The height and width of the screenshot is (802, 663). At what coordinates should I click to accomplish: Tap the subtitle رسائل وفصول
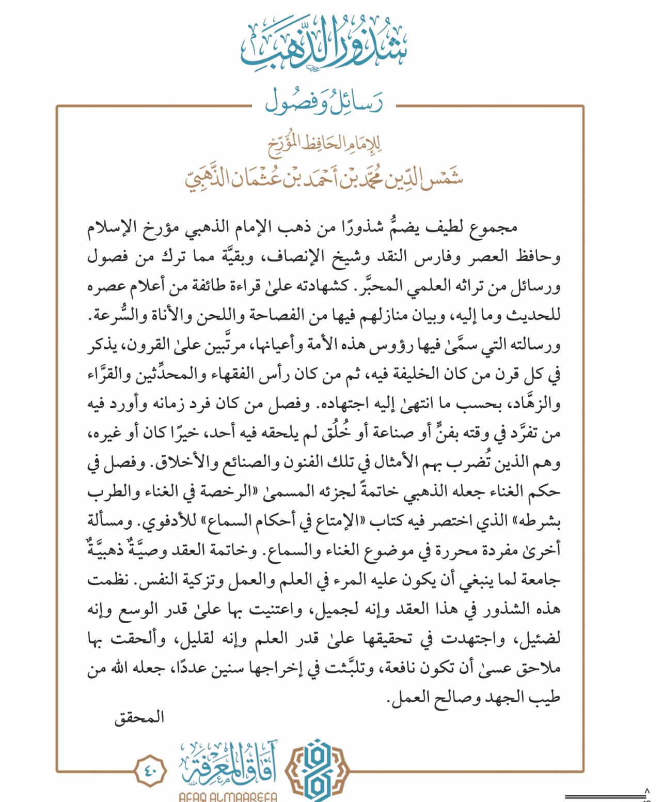click(x=324, y=102)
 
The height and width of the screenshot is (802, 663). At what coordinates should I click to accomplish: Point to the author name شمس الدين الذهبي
click(x=324, y=177)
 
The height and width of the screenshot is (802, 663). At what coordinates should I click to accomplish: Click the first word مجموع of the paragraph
click(x=494, y=227)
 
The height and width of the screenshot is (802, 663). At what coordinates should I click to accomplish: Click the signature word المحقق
click(x=139, y=718)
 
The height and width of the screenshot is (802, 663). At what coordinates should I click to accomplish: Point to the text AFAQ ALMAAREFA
click(x=228, y=796)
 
